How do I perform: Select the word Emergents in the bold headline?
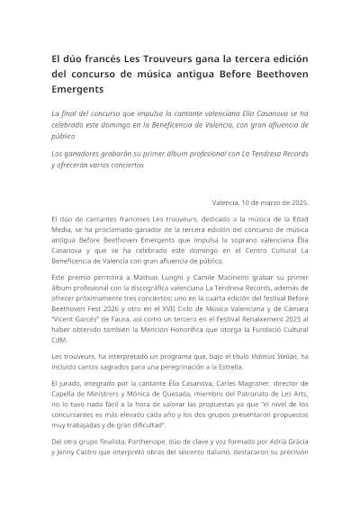(77, 91)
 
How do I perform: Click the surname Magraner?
(238, 395)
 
